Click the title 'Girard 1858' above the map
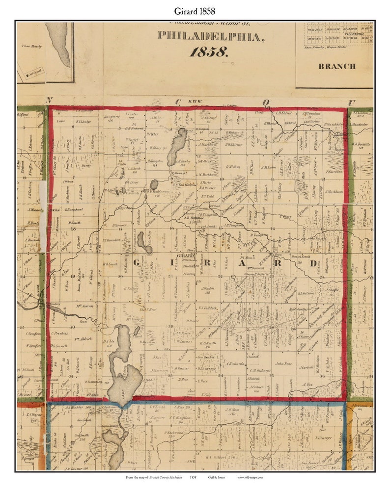[195, 10]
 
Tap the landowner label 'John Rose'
[283, 363]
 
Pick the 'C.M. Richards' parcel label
[260, 370]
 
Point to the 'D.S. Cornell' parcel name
[59, 346]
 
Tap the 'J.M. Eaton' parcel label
[268, 167]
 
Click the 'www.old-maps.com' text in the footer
[250, 478]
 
